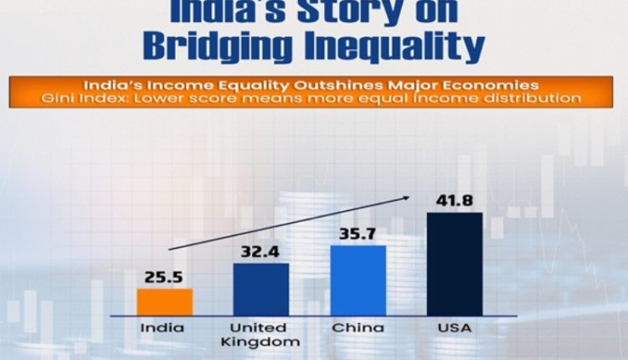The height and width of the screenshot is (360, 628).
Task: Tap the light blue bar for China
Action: (358, 280)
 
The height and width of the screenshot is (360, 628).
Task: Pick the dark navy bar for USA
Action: (455, 263)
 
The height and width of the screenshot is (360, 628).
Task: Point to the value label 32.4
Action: (261, 250)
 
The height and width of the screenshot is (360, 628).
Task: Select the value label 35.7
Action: (358, 233)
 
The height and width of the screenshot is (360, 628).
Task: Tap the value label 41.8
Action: (455, 201)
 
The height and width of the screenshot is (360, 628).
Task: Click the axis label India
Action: (165, 328)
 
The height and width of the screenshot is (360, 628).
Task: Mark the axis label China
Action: (358, 328)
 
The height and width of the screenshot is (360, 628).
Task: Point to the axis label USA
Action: (455, 328)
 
